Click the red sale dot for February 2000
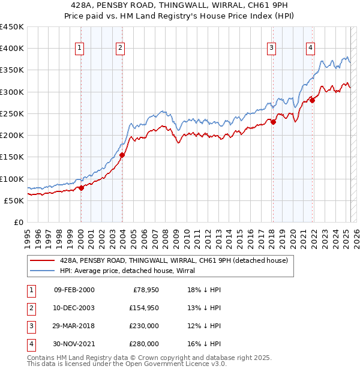point(81,188)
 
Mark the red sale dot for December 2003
point(122,155)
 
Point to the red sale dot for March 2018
point(273,122)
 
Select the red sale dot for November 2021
point(312,100)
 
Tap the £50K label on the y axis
point(14,200)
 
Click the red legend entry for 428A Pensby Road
point(174,260)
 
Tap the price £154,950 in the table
point(144,308)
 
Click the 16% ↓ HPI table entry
point(205,344)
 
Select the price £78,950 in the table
point(146,290)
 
